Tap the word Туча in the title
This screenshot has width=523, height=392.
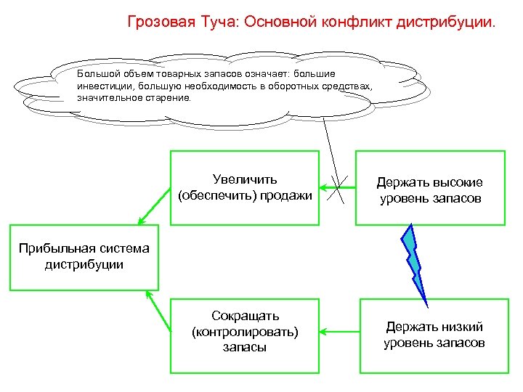coord(215,21)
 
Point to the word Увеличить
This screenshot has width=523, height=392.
coord(245,179)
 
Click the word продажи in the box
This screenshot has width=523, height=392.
coord(285,195)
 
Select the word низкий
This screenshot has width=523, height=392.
coord(463,327)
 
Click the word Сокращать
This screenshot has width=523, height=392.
coord(245,316)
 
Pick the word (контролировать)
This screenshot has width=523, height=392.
coord(245,332)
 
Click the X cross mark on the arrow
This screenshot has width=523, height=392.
coord(336,191)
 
